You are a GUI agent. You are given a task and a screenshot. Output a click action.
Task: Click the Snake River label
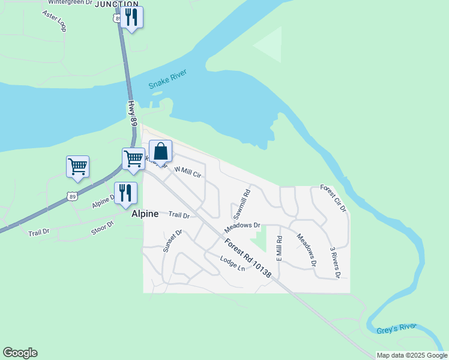click(x=168, y=80)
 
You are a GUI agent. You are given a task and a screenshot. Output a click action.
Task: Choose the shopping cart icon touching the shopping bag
click(x=133, y=159)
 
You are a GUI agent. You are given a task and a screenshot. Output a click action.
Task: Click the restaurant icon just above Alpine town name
click(x=125, y=193)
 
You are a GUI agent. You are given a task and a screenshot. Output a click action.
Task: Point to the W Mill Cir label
click(x=187, y=172)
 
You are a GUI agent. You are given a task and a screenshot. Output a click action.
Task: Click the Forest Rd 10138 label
click(x=249, y=258)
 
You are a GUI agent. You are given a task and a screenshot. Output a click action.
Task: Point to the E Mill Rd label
click(x=279, y=248)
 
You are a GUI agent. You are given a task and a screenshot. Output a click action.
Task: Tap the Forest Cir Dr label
click(x=333, y=198)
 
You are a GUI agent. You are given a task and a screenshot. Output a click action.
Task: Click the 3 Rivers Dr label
click(x=335, y=262)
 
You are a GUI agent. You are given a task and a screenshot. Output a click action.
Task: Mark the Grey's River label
click(x=397, y=328)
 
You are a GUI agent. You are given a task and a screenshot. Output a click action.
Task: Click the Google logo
click(x=20, y=353)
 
